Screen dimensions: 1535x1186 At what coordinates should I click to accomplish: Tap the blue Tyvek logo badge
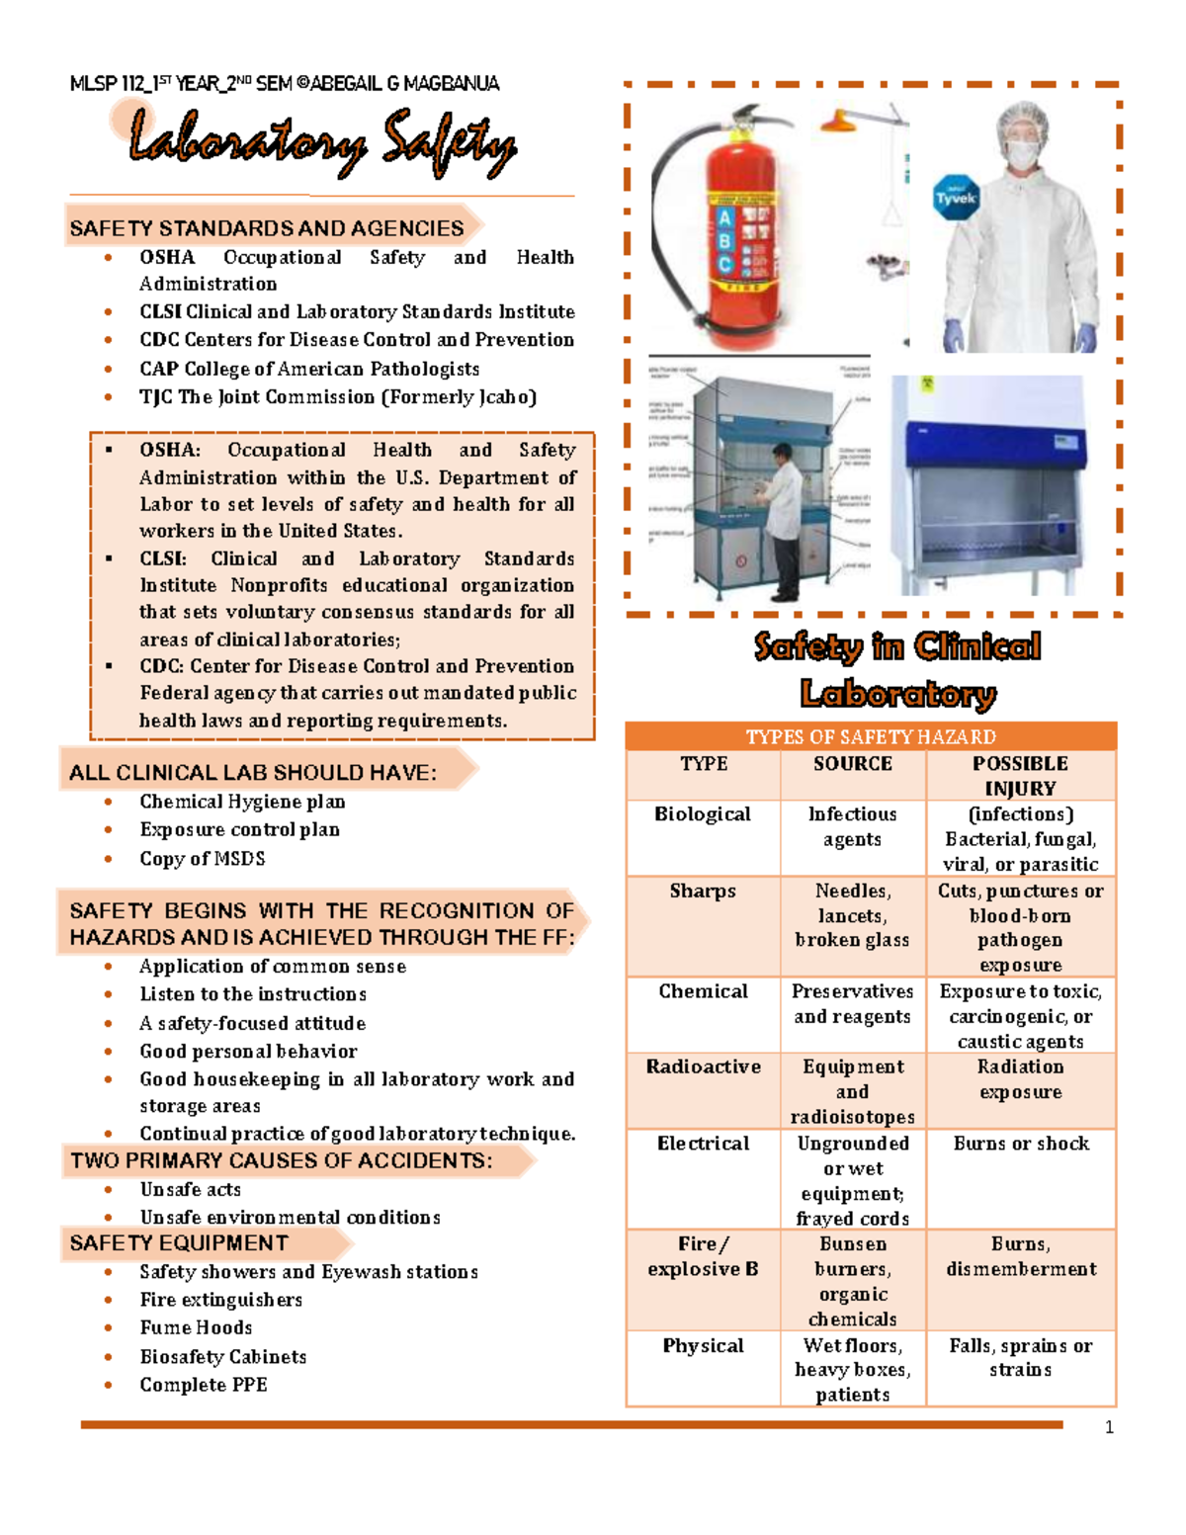tap(956, 198)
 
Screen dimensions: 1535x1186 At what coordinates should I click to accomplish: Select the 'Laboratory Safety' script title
tap(322, 145)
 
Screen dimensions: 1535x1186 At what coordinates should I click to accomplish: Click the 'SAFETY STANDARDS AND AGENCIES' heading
tap(266, 228)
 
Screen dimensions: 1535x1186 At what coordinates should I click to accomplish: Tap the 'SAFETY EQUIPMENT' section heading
tap(179, 1243)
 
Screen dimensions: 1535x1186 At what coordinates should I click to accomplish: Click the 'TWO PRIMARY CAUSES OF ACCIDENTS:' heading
tap(281, 1160)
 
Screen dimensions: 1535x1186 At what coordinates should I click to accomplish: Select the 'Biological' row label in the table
tap(703, 814)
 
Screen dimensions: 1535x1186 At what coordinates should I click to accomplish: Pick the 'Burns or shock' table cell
tap(1021, 1144)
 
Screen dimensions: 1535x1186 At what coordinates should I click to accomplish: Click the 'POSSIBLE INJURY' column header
tap(1020, 776)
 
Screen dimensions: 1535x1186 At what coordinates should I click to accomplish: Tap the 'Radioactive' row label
tap(703, 1067)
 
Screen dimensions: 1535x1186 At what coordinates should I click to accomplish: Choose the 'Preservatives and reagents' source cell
tap(852, 1003)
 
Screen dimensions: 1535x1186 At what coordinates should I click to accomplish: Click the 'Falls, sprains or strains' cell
tap(1021, 1357)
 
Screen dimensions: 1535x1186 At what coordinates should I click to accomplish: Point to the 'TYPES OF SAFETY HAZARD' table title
tap(871, 736)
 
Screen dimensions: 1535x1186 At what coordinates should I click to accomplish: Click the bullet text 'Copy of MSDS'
tap(202, 859)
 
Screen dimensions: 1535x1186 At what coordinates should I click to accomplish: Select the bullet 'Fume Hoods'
tap(196, 1327)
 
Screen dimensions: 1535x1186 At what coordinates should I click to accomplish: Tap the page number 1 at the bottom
tap(1109, 1427)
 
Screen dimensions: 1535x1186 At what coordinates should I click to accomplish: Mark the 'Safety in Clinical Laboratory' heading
tap(897, 670)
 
